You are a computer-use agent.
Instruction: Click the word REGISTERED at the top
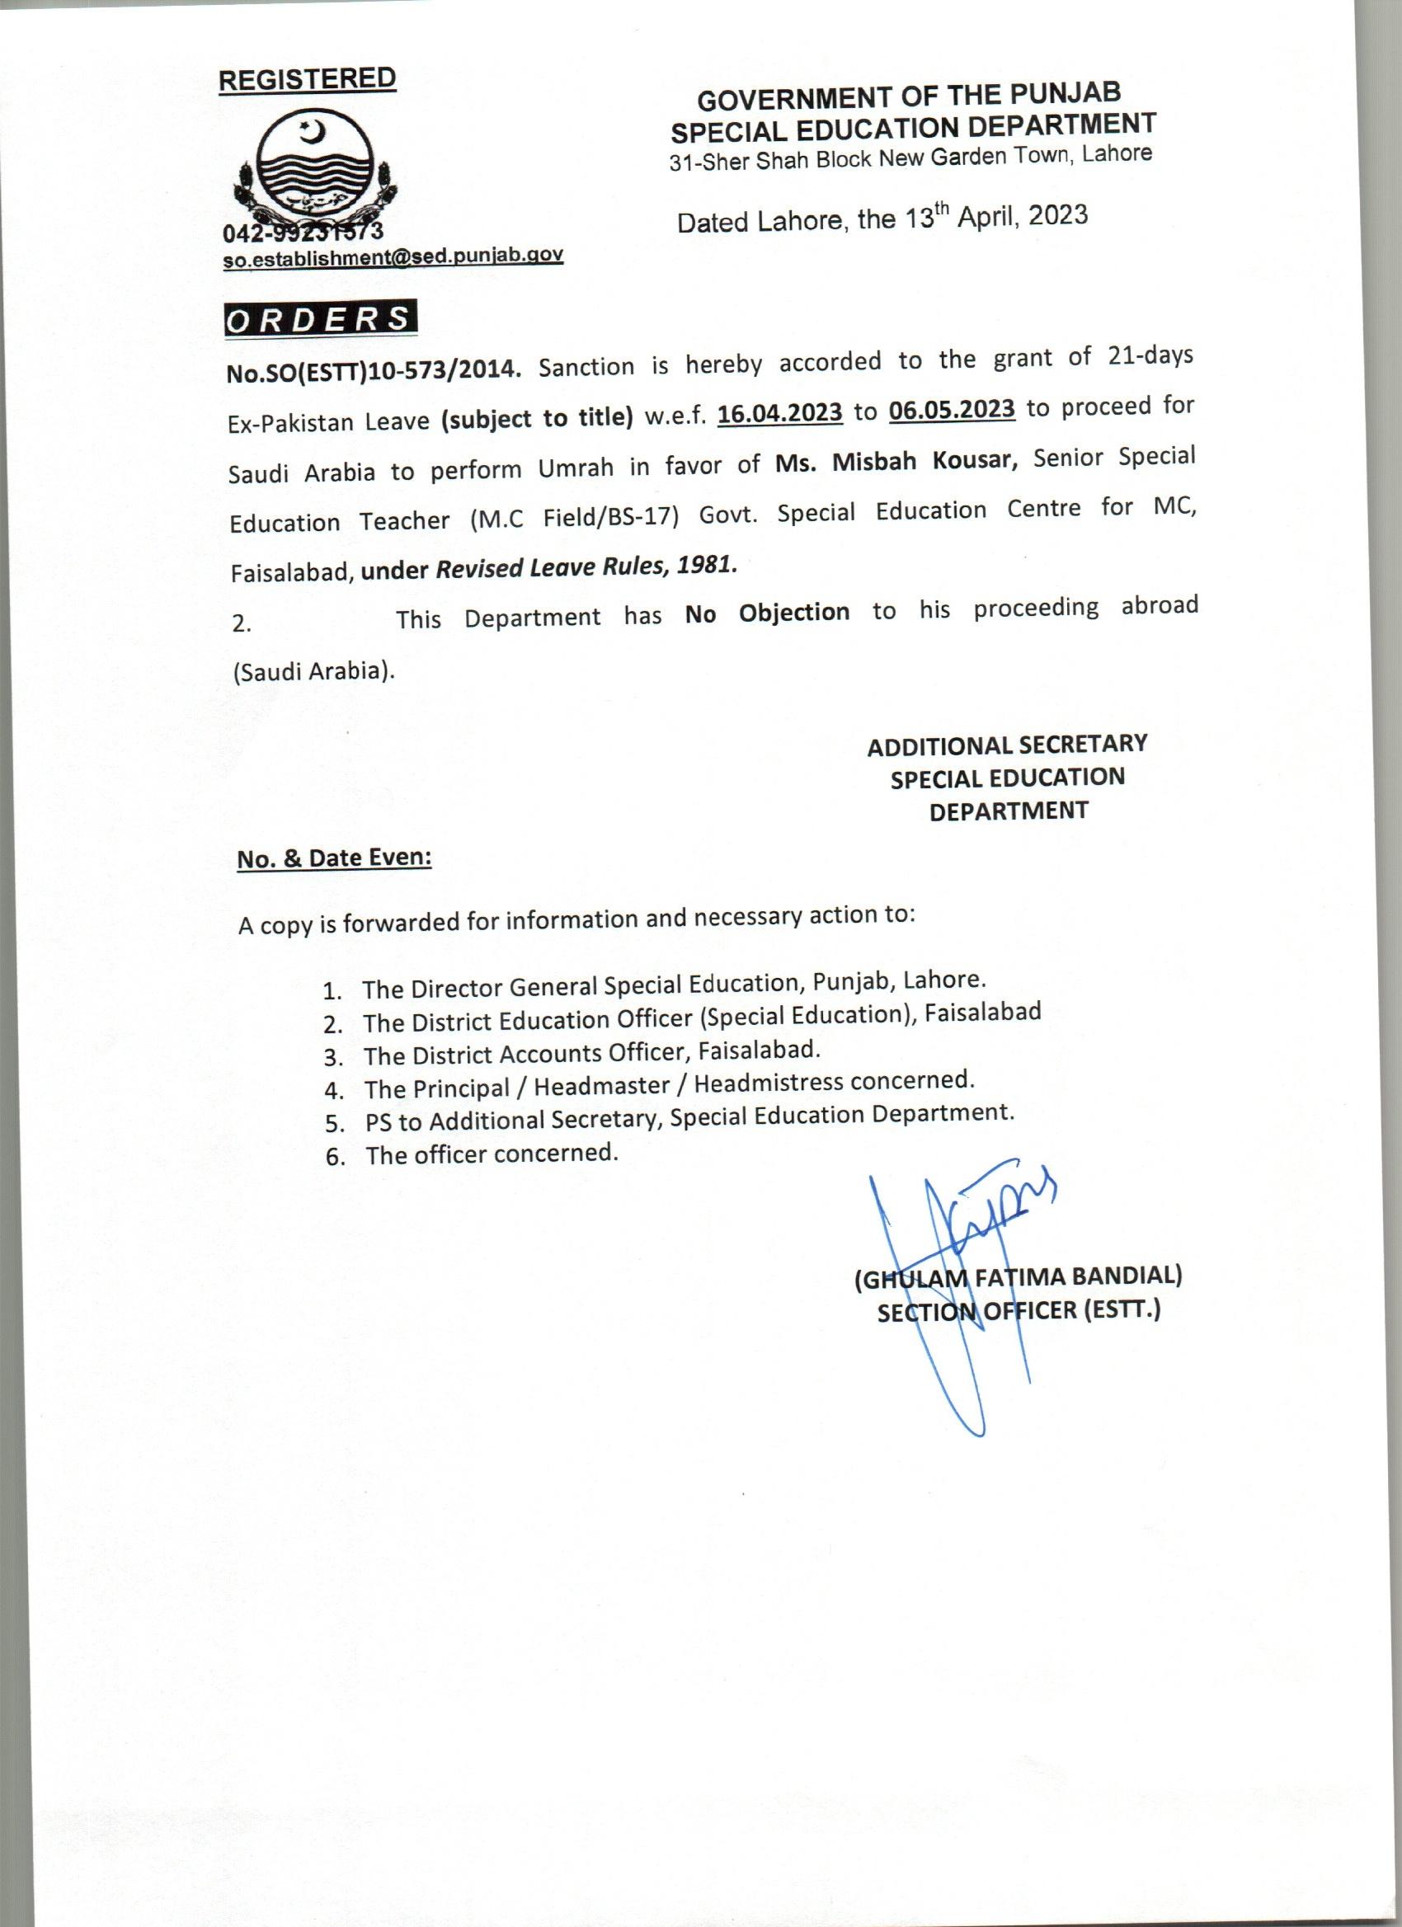[307, 79]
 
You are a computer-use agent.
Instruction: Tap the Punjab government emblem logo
[314, 170]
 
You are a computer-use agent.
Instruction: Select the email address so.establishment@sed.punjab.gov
[393, 257]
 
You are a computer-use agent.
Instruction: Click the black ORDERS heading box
[320, 319]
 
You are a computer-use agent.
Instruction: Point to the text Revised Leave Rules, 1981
[586, 566]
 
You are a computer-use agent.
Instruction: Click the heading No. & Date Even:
[335, 858]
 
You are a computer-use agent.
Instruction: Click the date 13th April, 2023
[994, 218]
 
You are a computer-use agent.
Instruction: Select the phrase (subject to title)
[537, 418]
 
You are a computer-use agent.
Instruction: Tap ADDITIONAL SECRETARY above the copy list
[1007, 745]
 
